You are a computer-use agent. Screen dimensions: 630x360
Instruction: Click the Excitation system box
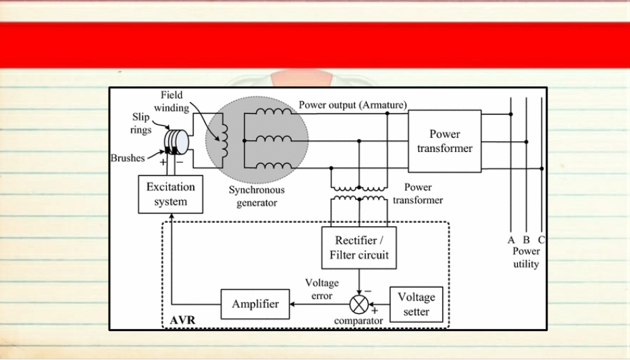[170, 194]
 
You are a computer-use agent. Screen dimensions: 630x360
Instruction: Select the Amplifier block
[255, 304]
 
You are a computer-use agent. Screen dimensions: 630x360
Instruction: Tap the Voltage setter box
[416, 304]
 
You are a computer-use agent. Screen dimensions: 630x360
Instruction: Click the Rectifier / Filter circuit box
[359, 247]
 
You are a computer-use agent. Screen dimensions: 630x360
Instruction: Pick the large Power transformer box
[444, 141]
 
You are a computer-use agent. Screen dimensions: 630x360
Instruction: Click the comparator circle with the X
[359, 304]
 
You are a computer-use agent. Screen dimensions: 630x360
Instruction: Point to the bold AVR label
[182, 320]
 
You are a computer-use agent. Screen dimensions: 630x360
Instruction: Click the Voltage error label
[322, 289]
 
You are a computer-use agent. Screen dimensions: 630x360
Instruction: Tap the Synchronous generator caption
[257, 196]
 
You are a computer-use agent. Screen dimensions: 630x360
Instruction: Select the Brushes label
[128, 158]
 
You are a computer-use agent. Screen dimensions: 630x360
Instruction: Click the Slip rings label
[141, 124]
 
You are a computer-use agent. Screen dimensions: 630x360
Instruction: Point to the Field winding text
[172, 101]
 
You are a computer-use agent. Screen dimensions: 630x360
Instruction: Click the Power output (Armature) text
[352, 105]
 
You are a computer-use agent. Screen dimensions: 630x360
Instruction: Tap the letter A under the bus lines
[511, 240]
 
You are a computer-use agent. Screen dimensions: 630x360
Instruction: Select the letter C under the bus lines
[542, 240]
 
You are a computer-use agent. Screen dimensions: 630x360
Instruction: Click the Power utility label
[526, 257]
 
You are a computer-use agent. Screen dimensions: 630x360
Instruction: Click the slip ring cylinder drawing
[176, 142]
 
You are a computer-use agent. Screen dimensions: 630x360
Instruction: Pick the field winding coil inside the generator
[224, 140]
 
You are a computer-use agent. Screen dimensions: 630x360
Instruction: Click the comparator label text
[359, 321]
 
